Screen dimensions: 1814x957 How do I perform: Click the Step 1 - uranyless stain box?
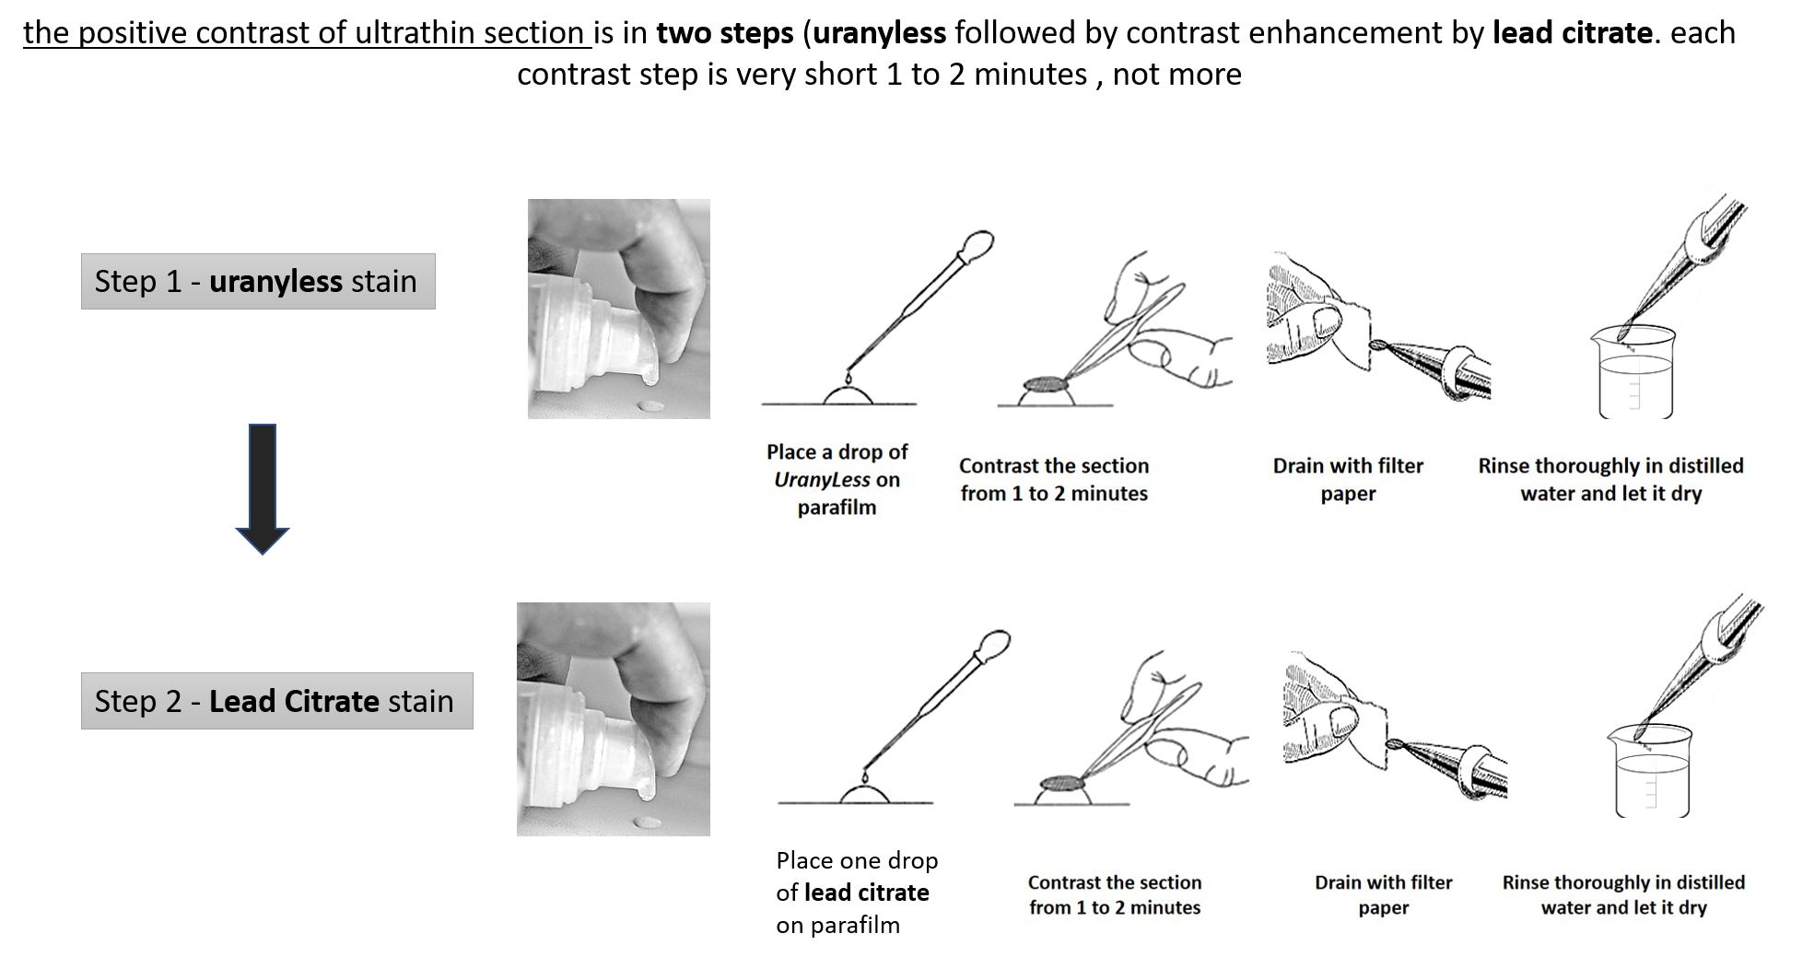pos(258,281)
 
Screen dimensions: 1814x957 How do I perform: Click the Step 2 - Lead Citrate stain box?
pos(277,701)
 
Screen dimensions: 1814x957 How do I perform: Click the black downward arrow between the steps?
pos(263,489)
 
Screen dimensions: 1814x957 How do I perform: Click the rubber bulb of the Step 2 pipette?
pos(994,644)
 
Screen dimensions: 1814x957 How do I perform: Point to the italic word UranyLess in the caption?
pos(822,480)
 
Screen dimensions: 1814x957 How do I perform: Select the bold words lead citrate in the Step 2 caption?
pos(866,893)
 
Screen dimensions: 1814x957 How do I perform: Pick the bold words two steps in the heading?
pos(724,33)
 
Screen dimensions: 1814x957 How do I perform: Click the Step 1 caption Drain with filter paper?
pos(1348,479)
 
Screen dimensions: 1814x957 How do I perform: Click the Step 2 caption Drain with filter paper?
pos(1384,894)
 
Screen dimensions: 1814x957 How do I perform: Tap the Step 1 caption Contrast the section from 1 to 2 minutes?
pos(1054,479)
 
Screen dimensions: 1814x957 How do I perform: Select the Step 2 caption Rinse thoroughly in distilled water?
pos(1623,894)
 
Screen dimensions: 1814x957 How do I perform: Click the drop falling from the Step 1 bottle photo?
pos(650,406)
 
